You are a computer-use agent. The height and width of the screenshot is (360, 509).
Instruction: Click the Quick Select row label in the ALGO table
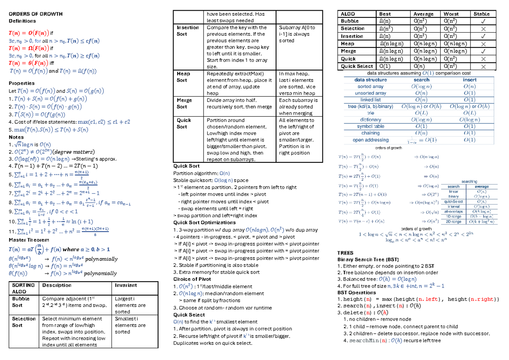[x=357, y=66]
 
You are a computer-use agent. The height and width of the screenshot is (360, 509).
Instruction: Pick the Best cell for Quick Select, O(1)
[x=386, y=66]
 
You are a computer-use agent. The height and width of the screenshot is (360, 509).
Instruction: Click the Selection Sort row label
[x=24, y=322]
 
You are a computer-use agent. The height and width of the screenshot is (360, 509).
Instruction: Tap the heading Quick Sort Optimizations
[x=204, y=223]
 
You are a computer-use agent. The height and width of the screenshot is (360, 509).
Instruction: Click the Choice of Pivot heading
[x=192, y=279]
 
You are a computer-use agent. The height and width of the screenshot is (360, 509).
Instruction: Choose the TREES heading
[x=345, y=253]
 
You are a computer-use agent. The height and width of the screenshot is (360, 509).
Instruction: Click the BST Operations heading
[x=356, y=293]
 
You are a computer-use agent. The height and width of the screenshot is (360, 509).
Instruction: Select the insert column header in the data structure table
[x=470, y=80]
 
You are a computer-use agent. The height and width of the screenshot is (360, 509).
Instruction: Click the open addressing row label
[x=371, y=140]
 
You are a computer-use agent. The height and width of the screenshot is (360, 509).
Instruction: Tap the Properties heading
[x=22, y=83]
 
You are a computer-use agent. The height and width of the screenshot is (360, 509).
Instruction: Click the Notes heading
[x=16, y=137]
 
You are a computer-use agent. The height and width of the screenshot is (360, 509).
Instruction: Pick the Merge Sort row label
[x=185, y=103]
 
